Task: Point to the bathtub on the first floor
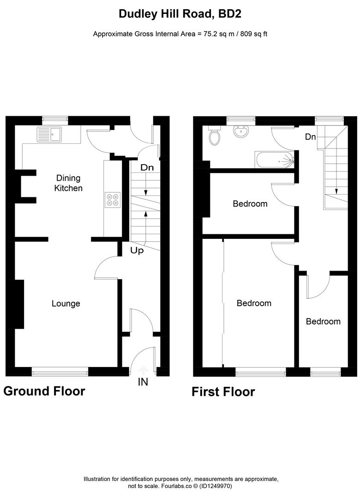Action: pos(274,160)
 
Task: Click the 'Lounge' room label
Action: pos(66,303)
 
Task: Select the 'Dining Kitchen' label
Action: pos(68,183)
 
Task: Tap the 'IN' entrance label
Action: pos(143,382)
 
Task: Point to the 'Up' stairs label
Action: pos(137,251)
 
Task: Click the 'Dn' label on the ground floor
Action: pos(147,168)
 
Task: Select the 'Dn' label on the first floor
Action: pos(311,137)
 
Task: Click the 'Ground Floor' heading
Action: pos(44,391)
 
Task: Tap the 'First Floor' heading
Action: pos(223,392)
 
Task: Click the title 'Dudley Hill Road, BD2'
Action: pos(180,14)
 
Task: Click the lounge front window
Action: pos(60,369)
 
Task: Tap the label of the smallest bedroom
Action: pos(323,321)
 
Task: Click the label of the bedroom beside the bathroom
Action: pos(250,203)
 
